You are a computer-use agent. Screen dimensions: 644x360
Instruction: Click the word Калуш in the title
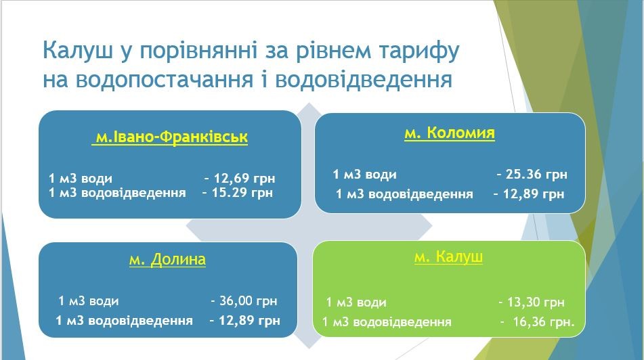[78, 51]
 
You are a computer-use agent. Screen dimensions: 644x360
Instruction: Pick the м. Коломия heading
[450, 133]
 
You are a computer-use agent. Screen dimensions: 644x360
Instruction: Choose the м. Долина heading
[167, 259]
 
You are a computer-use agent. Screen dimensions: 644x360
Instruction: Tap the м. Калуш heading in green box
[448, 257]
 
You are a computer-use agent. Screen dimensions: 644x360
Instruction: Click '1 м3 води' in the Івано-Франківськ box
[81, 179]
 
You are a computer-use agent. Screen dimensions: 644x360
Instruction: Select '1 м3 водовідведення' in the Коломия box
[404, 194]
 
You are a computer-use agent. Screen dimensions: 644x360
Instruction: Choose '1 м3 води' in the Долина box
[88, 301]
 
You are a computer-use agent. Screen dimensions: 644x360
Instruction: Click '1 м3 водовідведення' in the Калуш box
[387, 322]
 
